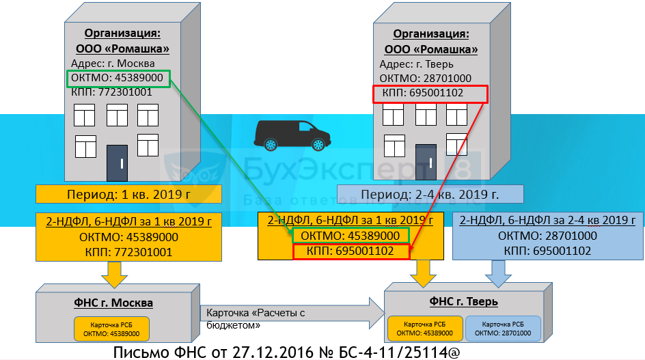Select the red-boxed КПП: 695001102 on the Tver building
430,94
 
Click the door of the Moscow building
117,163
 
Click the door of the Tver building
426,162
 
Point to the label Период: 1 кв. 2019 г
128,193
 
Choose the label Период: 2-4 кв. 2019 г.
430,193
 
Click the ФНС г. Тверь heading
463,301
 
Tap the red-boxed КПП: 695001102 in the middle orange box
351,251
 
